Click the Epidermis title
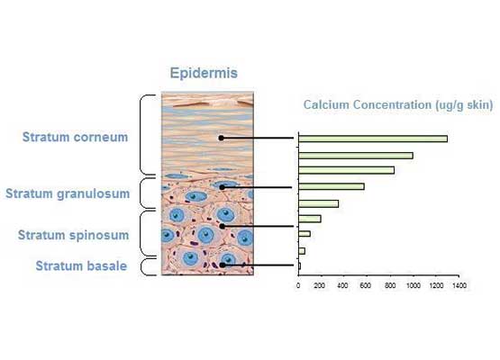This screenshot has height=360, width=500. coord(204,73)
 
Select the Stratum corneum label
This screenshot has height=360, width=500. coord(76,137)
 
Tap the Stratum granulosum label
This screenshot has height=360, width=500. coord(68,193)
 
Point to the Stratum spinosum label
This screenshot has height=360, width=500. coord(73,235)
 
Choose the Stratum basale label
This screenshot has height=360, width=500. coord(81,265)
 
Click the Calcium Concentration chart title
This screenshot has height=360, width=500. coord(398,104)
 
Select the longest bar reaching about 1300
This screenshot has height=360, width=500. coord(373,139)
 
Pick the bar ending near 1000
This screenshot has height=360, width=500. coord(356,156)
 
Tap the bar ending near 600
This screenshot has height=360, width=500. coord(332,186)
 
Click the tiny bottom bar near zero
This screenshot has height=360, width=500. coord(299,266)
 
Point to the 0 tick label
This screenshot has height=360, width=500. coord(298,285)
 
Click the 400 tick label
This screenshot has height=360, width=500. coord(342,285)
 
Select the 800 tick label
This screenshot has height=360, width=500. coord(390,285)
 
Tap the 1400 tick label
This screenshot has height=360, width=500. coord(459,285)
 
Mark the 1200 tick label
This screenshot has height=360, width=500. coord(436,285)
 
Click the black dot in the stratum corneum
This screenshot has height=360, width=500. coord(222,138)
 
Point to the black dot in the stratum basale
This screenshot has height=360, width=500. coord(223,265)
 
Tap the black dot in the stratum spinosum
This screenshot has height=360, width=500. coord(223,226)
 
